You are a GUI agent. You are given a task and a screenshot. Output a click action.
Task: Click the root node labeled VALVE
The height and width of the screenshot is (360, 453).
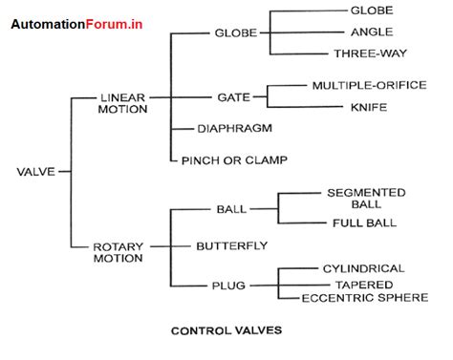(x=34, y=172)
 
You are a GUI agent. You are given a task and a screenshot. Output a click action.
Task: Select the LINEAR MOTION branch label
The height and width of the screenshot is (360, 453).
(x=123, y=103)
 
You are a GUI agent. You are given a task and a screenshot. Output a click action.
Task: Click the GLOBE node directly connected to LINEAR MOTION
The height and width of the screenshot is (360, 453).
(x=234, y=32)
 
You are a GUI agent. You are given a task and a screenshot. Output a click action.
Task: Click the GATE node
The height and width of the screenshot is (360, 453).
(x=233, y=96)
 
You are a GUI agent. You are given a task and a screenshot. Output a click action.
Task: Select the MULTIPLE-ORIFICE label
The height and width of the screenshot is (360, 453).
(x=368, y=85)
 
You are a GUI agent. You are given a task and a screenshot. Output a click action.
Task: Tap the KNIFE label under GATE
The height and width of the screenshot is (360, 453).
(x=368, y=107)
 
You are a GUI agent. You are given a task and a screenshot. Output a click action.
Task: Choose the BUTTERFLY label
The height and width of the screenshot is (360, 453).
(x=231, y=245)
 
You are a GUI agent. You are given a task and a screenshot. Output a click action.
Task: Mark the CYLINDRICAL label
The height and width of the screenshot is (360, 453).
(x=364, y=268)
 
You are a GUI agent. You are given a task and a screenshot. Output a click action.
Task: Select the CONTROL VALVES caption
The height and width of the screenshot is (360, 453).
(x=226, y=332)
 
